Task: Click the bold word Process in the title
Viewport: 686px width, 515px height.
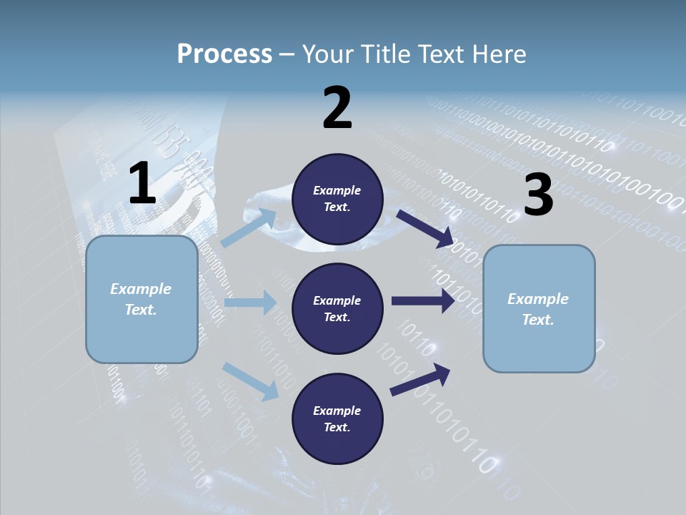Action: [224, 54]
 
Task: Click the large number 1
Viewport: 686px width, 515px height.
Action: [142, 184]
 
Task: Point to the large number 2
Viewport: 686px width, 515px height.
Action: [337, 108]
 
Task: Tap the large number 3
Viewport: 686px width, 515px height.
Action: [539, 195]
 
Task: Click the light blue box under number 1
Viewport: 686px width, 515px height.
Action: [141, 299]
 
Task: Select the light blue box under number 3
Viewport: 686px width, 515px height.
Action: [539, 309]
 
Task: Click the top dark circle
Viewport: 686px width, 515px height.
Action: [337, 199]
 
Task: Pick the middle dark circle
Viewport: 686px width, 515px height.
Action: [337, 309]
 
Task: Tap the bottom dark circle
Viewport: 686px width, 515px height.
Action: [337, 419]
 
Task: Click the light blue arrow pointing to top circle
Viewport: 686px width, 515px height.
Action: [249, 228]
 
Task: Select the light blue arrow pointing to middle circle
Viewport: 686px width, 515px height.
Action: [249, 303]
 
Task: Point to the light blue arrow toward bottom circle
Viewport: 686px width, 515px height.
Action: [250, 381]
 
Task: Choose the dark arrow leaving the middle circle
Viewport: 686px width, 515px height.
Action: [422, 301]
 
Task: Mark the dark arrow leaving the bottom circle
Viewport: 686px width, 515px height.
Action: [420, 379]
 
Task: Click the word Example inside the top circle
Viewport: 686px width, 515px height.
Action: [337, 191]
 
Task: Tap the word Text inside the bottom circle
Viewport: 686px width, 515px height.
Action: [336, 428]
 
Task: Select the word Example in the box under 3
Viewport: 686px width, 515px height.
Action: [538, 299]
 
